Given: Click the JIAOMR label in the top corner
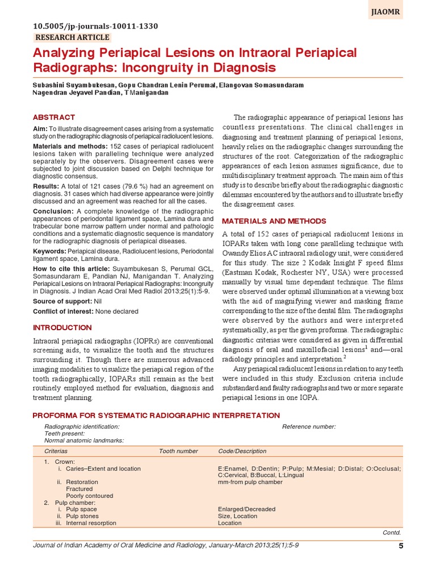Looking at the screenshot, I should click(x=387, y=10).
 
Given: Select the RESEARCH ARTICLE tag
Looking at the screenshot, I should click(x=72, y=38).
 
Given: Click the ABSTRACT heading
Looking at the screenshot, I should click(x=54, y=117).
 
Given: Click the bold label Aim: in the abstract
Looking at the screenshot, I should click(x=40, y=129).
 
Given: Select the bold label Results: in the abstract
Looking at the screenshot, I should click(x=45, y=186).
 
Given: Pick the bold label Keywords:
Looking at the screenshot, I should click(x=50, y=250).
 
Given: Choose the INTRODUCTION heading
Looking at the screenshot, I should click(x=62, y=328).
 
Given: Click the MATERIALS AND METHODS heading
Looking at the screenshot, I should click(x=274, y=221).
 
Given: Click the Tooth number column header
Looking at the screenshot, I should click(x=178, y=451).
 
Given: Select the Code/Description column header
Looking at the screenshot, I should click(x=242, y=451).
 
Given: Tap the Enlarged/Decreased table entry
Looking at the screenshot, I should click(x=246, y=509).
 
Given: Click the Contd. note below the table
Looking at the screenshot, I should click(x=392, y=533).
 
